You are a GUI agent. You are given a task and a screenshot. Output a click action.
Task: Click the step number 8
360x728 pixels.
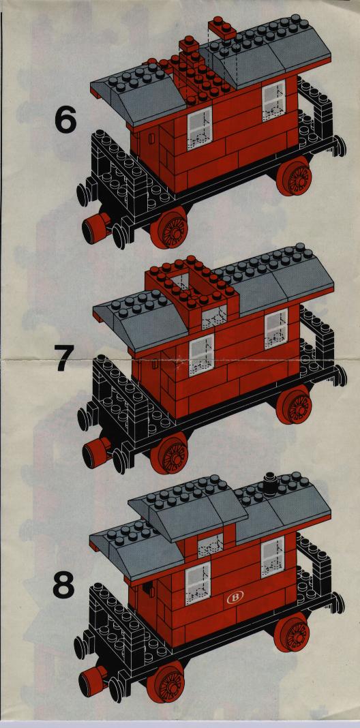coord(63,586)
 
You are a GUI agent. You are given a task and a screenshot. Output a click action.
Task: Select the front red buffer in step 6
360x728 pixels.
coord(95,228)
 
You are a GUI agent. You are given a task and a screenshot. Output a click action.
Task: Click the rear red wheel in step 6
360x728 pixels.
coord(294,177)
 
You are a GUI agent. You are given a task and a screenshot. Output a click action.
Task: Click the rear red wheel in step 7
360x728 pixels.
coord(294,404)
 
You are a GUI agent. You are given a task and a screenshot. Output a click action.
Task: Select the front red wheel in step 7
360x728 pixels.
coord(169,453)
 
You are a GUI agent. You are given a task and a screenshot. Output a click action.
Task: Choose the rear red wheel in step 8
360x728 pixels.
coord(292,633)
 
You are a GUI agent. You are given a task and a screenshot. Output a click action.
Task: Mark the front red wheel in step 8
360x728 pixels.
coord(166,682)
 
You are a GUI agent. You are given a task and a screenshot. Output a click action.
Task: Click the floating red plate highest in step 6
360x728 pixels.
coord(222,29)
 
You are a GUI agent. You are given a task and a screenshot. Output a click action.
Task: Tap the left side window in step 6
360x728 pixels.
coord(199,128)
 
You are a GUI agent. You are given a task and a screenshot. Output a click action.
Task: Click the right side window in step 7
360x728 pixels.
coord(276,329)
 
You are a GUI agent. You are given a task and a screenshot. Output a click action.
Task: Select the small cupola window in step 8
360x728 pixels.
coord(210,545)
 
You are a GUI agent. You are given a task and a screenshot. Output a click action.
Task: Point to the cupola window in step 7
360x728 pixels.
coord(214,318)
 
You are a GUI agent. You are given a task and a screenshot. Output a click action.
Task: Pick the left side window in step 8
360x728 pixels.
coord(198,583)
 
